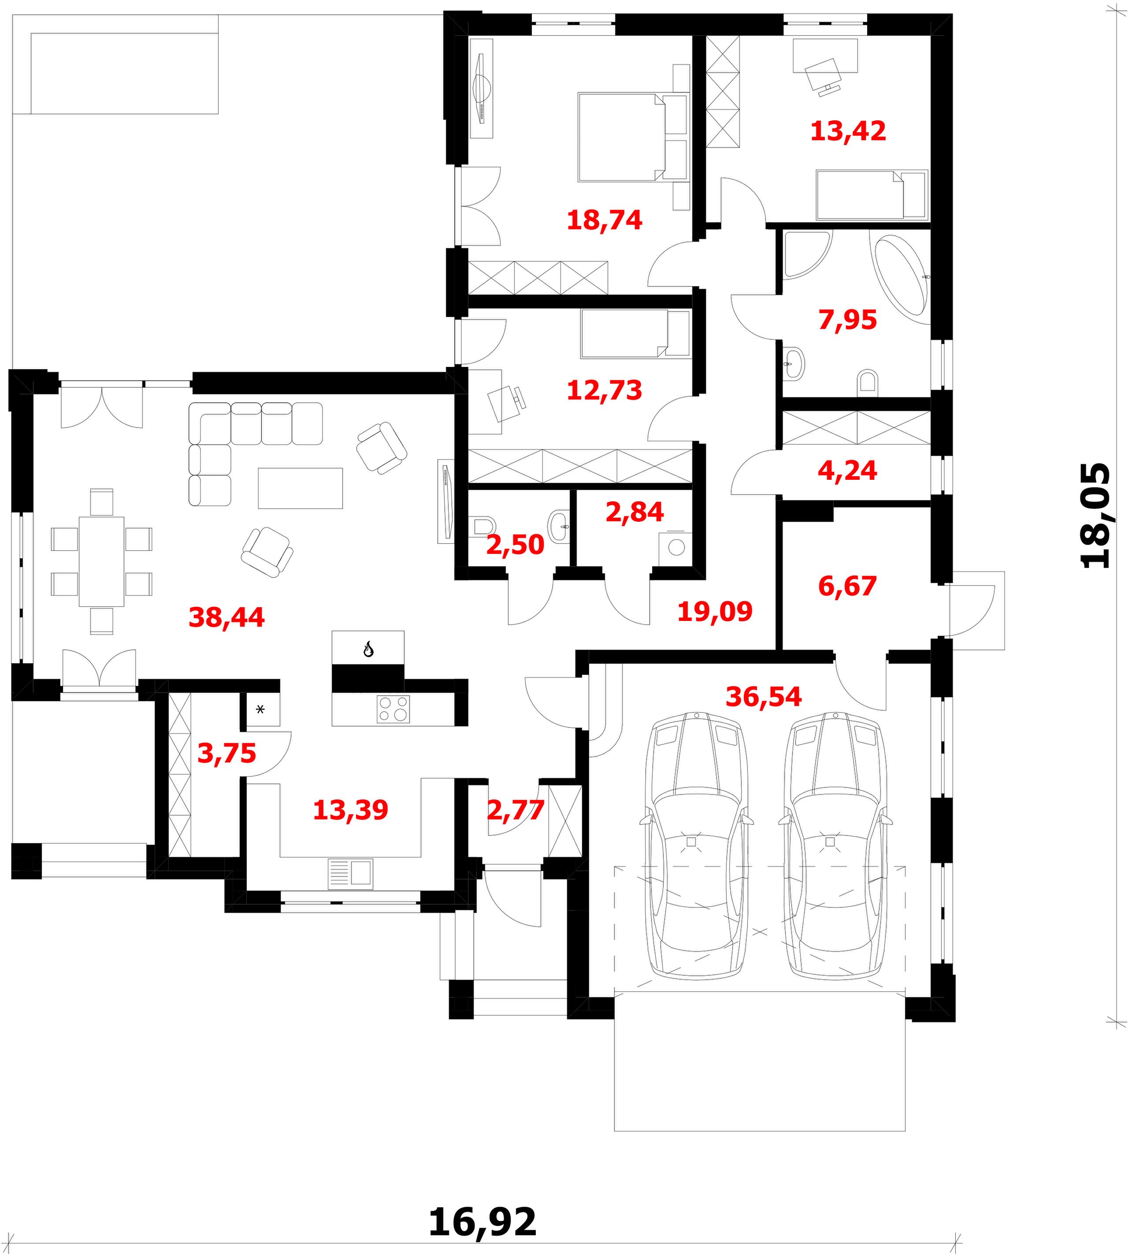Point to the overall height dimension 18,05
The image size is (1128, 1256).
pos(1096,515)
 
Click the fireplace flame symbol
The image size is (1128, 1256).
pos(368,650)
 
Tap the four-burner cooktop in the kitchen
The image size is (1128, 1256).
pos(393,709)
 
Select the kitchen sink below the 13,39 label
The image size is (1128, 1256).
pos(350,873)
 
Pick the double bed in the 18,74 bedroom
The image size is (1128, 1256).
pos(632,137)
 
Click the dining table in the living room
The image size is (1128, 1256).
pos(102,561)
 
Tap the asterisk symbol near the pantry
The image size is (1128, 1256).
pos(260,709)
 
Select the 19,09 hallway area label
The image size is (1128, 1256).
pos(715,612)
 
